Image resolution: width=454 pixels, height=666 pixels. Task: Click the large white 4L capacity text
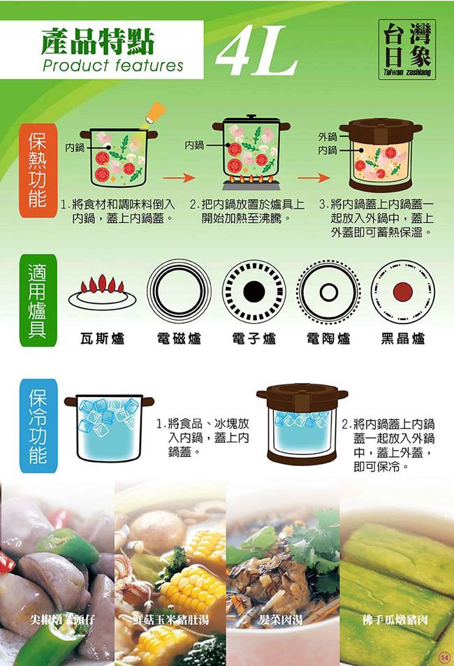coord(256,50)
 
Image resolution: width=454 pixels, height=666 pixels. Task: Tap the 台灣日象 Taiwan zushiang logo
coord(407,50)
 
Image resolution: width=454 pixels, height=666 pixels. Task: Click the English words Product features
coord(113,66)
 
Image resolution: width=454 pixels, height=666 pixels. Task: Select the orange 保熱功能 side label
coord(38,171)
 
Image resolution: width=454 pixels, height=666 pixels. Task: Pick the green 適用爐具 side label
coord(38,301)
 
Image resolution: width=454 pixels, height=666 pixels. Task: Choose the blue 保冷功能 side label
coord(38,426)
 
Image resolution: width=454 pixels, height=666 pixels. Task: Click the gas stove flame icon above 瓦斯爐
coord(102,292)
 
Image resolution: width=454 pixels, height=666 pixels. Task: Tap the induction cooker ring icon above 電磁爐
coord(179,291)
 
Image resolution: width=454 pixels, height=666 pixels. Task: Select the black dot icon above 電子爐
coord(254,291)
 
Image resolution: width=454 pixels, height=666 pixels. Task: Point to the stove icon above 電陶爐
coord(328,291)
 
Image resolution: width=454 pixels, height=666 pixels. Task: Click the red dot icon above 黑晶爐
coord(402,291)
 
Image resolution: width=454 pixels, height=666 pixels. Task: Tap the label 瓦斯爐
coord(102,338)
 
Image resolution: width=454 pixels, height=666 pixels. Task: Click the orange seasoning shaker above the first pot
coord(154,113)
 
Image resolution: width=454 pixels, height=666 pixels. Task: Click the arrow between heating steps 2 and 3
coord(314,178)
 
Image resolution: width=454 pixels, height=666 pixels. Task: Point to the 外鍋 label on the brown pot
coord(328,137)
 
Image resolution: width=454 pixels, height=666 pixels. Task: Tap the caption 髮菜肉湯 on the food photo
coord(281,620)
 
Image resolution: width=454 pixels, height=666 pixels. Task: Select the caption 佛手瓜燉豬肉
coord(395,620)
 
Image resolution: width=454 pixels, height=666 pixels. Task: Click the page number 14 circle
coord(444,658)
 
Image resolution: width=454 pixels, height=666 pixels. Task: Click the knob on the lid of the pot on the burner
coord(251,116)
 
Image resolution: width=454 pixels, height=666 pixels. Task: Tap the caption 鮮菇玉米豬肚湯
coord(170,620)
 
